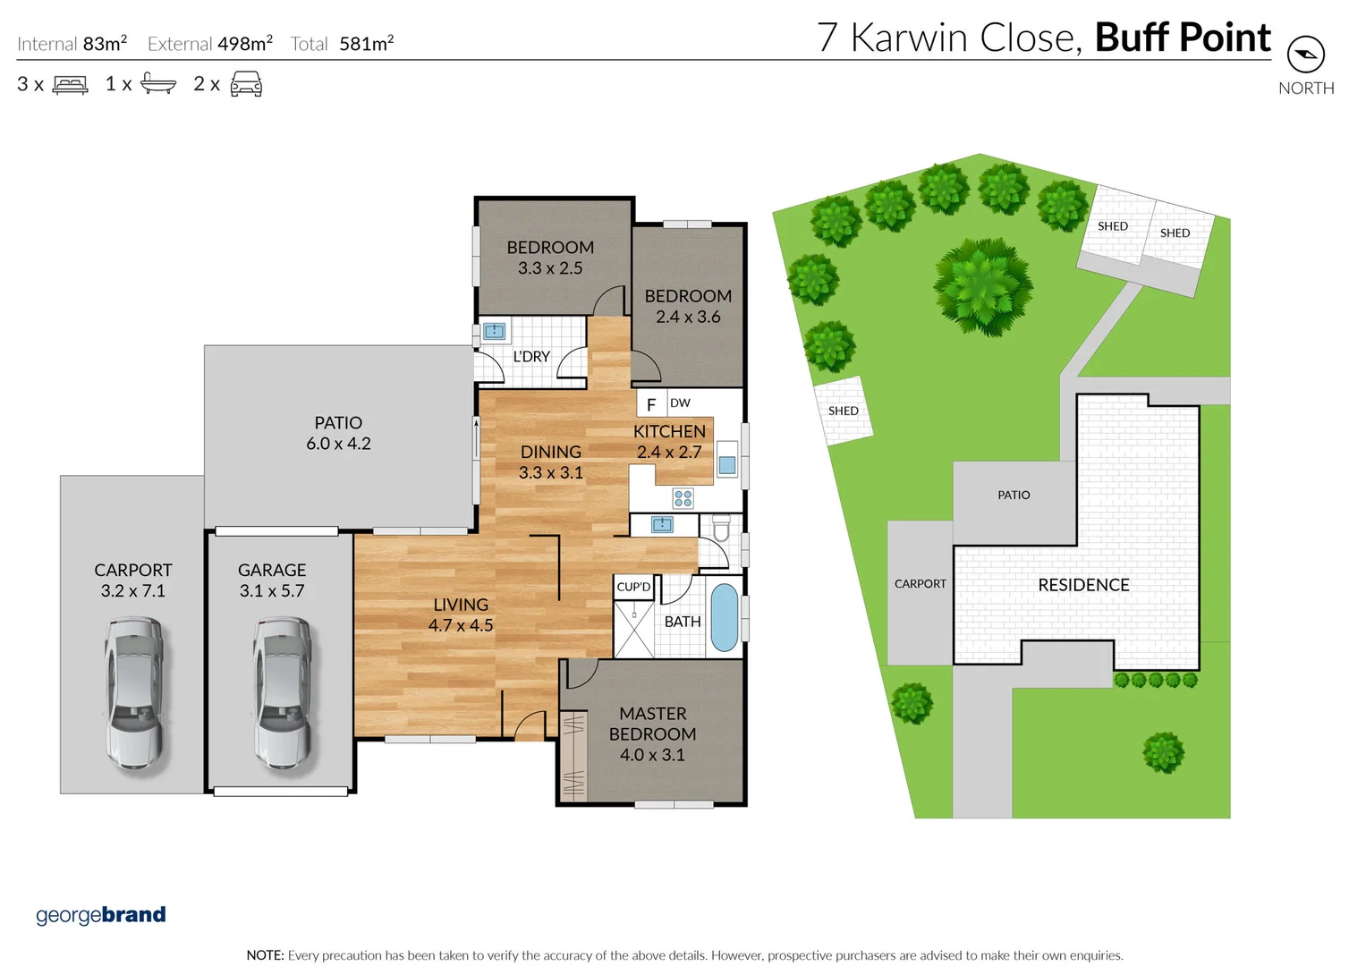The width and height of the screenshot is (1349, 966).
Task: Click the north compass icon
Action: pyautogui.click(x=1305, y=55)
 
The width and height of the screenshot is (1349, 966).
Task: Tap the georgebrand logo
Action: pyautogui.click(x=101, y=915)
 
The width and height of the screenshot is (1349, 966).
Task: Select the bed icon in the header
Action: pyautogui.click(x=70, y=85)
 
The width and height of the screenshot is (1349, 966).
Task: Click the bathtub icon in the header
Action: pyautogui.click(x=158, y=85)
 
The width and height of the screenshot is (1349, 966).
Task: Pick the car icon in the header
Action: pyautogui.click(x=246, y=85)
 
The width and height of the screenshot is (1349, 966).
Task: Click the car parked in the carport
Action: pyautogui.click(x=133, y=693)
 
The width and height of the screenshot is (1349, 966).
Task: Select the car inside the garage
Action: pyautogui.click(x=281, y=693)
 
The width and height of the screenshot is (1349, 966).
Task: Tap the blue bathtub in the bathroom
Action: pyautogui.click(x=724, y=617)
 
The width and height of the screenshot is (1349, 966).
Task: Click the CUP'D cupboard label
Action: pyautogui.click(x=633, y=587)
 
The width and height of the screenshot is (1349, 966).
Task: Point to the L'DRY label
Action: pyautogui.click(x=531, y=356)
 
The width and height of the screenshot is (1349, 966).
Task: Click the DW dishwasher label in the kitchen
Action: pyautogui.click(x=680, y=402)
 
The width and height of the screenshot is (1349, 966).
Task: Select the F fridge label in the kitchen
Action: pyautogui.click(x=651, y=405)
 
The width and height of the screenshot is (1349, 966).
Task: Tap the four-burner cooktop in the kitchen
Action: pyautogui.click(x=683, y=498)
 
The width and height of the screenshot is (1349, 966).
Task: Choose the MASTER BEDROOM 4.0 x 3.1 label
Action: pyautogui.click(x=652, y=733)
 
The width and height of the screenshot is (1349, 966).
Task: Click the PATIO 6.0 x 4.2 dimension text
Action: pyautogui.click(x=338, y=444)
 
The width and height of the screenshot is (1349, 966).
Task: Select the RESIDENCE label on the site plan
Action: pyautogui.click(x=1083, y=585)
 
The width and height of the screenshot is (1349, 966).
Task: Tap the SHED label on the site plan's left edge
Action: pyautogui.click(x=843, y=411)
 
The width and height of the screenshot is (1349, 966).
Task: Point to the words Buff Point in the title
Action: pyautogui.click(x=1182, y=38)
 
